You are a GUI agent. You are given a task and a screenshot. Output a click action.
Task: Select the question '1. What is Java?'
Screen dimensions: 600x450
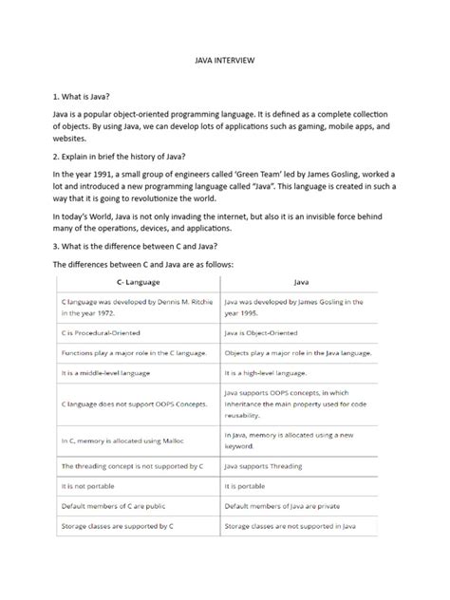pos(82,97)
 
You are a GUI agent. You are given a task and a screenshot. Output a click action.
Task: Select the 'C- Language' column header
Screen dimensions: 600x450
pos(138,282)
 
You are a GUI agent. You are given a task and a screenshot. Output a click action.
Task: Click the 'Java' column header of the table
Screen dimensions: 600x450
pos(302,282)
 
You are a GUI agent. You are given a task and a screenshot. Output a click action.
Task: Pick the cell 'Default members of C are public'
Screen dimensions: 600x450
pos(118,505)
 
